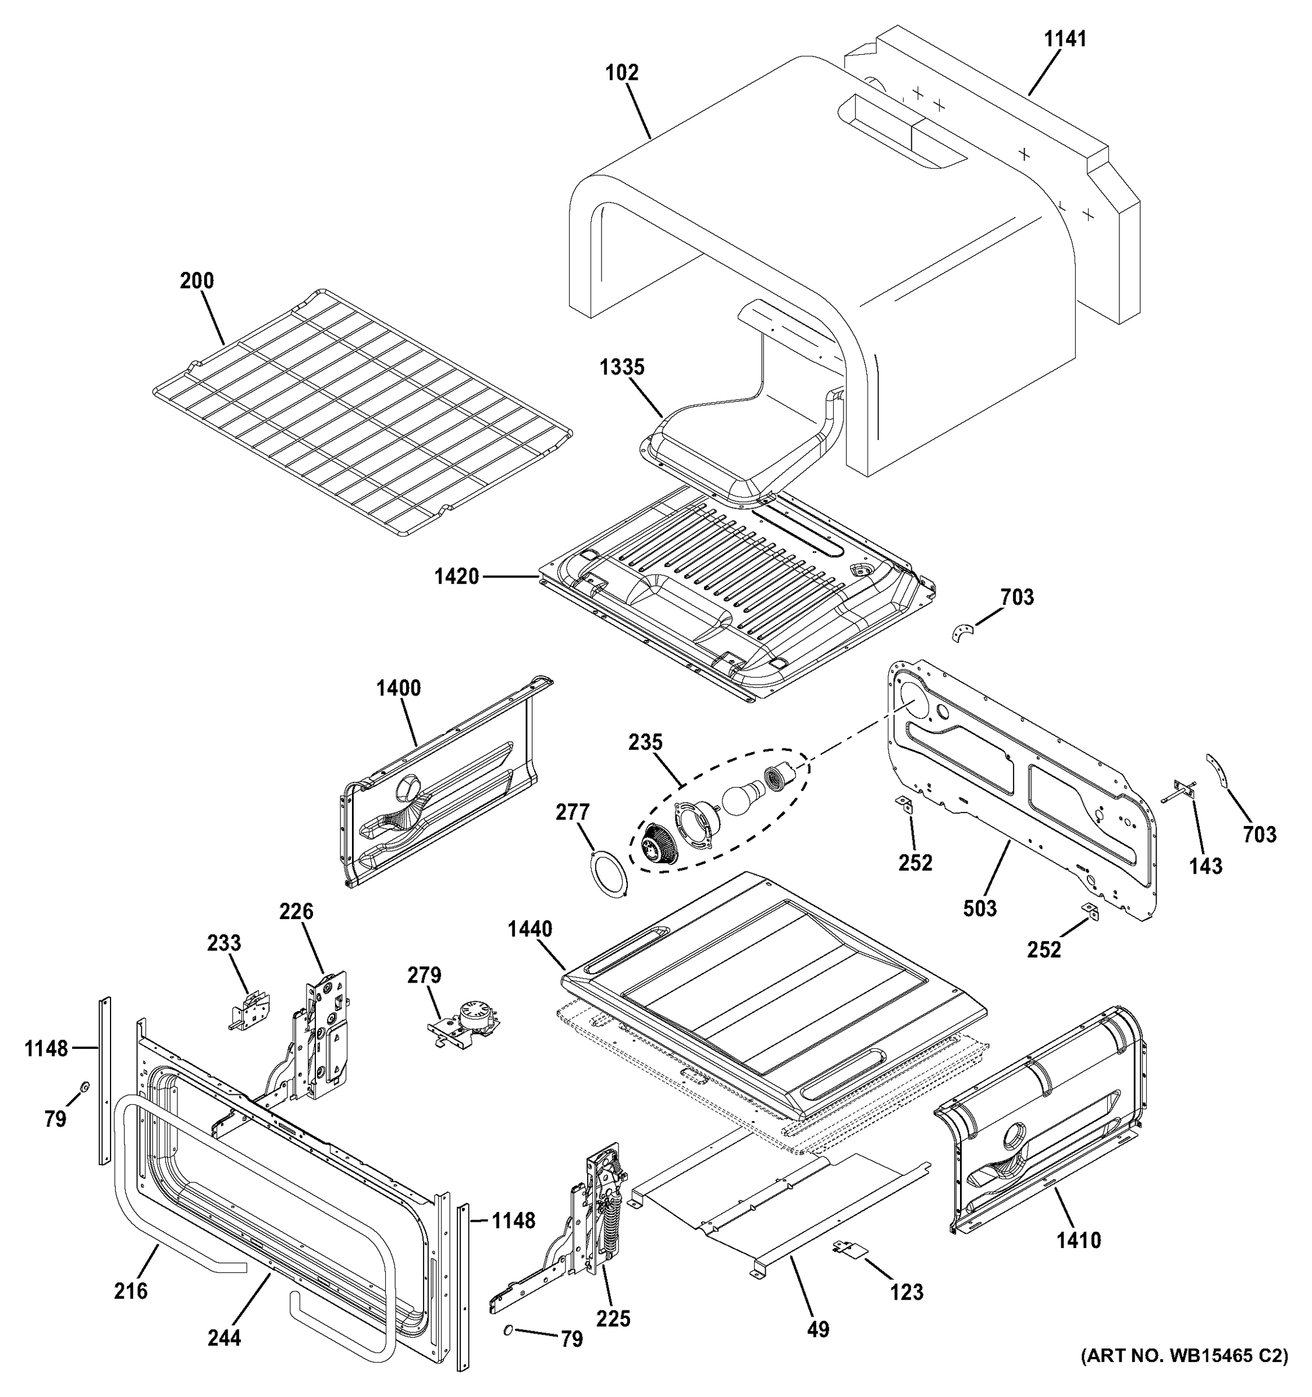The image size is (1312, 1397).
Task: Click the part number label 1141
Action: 1065,40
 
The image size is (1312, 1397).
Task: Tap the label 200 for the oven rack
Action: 197,281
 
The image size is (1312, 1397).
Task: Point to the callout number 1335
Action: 621,367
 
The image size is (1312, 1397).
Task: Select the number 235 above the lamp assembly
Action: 645,742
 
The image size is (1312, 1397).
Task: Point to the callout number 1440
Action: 530,929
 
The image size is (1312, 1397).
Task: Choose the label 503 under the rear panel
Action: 980,909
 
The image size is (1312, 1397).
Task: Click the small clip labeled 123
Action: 851,1247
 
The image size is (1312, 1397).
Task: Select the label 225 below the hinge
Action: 613,1318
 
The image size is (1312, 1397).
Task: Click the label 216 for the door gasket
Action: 131,1290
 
